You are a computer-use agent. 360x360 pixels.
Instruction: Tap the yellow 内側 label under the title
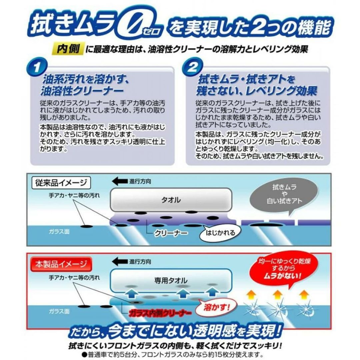68,49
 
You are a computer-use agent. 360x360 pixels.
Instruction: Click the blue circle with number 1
37,68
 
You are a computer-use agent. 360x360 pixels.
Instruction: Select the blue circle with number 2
192,67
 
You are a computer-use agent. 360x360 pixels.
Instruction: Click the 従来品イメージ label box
61,183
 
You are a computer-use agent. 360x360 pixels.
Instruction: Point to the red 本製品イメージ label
61,264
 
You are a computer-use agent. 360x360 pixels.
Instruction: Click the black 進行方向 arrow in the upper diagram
120,181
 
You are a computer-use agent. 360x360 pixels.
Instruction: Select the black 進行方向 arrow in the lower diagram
120,262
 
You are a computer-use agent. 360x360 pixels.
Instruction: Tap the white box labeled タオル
171,200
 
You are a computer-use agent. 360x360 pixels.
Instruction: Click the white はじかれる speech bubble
220,233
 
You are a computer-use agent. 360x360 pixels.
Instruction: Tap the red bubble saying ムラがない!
284,270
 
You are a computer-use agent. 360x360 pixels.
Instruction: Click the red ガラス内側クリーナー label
160,313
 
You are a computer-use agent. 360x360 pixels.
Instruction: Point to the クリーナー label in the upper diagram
171,233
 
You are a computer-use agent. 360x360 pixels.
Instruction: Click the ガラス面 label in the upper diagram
59,231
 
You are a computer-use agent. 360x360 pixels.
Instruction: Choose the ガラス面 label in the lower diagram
59,311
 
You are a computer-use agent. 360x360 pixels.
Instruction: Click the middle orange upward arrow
278,295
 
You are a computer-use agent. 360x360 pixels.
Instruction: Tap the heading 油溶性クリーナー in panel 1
82,91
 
